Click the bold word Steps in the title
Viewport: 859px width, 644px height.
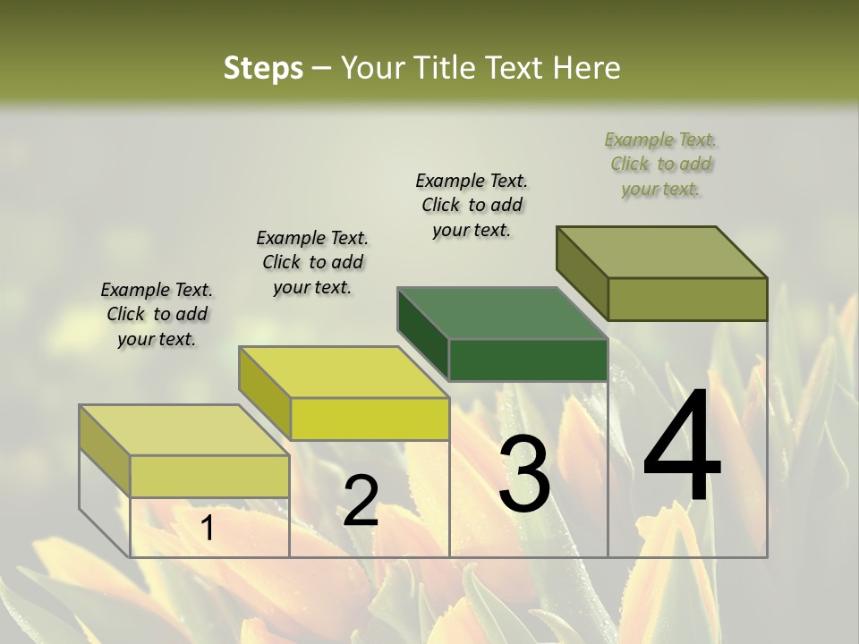(263, 68)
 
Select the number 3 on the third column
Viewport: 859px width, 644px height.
(524, 474)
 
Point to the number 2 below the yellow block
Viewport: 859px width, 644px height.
(361, 501)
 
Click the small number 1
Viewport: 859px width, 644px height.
(207, 529)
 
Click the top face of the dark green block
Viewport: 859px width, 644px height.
(501, 313)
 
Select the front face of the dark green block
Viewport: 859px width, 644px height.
(528, 360)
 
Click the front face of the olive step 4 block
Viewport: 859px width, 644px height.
(687, 299)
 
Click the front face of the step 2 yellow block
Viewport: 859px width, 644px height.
(370, 419)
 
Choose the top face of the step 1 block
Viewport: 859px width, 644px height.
(183, 430)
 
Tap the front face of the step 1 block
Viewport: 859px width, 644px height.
(209, 477)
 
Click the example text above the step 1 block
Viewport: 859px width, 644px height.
(157, 314)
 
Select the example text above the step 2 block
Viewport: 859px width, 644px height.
(312, 262)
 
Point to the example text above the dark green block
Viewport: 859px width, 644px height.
(472, 205)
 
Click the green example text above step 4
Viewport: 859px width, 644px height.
(660, 164)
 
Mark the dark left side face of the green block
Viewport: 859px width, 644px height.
(422, 334)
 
